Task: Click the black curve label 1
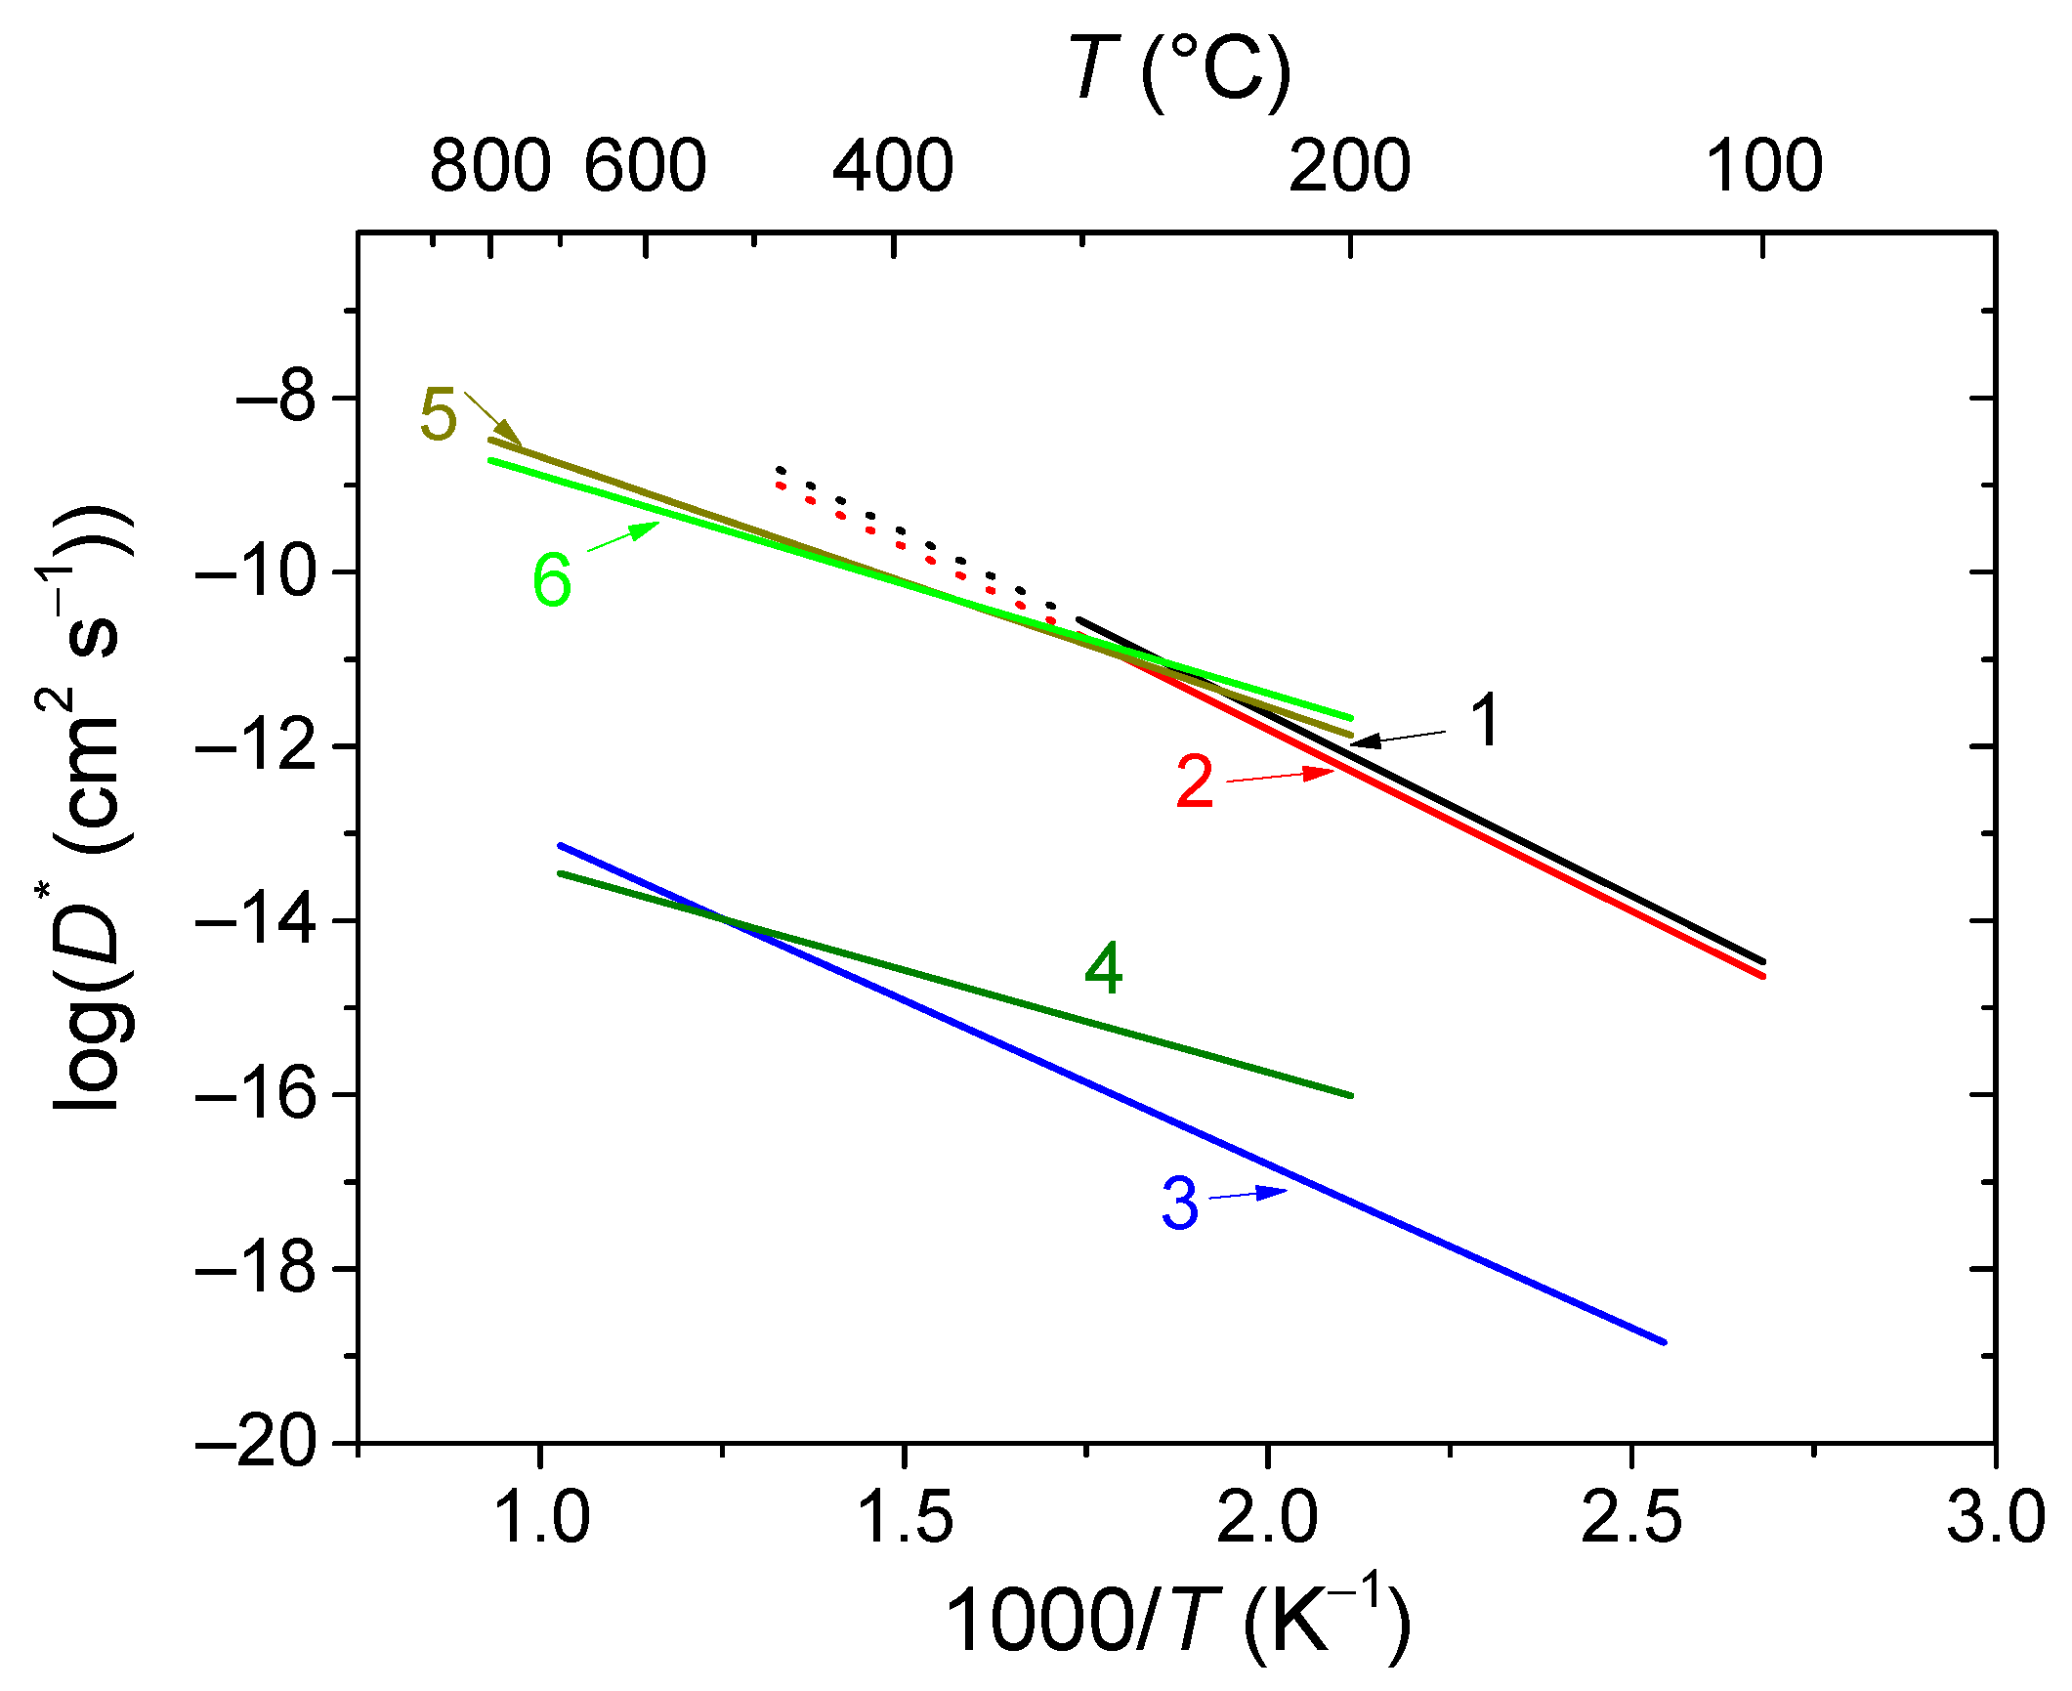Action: [1485, 721]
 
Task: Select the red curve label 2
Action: [1194, 782]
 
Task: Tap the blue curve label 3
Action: [1180, 1204]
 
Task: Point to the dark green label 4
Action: [1104, 969]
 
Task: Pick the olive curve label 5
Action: [438, 414]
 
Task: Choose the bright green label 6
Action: [551, 579]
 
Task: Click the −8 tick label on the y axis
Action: [275, 399]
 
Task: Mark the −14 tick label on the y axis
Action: [256, 920]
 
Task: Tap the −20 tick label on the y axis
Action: [256, 1442]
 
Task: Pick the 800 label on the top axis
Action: [490, 166]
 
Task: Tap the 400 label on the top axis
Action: [893, 166]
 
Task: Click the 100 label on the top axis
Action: [1763, 166]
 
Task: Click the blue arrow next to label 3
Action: [1250, 1194]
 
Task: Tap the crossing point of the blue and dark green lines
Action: [721, 917]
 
